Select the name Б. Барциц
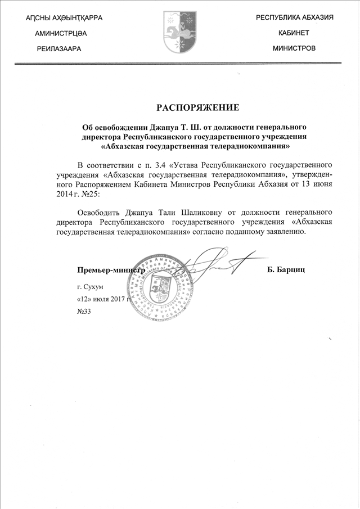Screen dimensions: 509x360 tap(286, 271)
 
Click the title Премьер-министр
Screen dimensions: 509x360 tap(108, 271)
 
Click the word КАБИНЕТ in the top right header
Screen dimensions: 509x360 tap(294, 33)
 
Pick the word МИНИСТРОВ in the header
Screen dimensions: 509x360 tap(294, 48)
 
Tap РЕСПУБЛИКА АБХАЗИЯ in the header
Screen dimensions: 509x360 tap(295, 18)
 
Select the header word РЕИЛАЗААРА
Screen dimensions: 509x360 tap(58, 49)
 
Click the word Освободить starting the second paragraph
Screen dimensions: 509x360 tap(100, 212)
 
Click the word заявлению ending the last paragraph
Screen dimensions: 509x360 tap(283, 231)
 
